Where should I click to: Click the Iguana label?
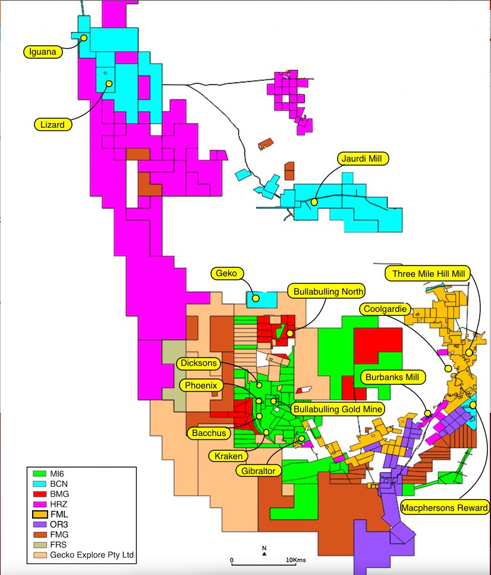coord(43,52)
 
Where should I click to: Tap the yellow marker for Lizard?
coord(109,83)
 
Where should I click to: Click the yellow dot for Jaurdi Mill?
coord(314,202)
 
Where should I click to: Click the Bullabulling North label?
coord(326,291)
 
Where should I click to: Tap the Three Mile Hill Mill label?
coord(428,273)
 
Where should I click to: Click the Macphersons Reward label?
coord(445,507)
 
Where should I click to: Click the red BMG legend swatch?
coord(40,494)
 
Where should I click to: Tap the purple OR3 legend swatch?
coord(40,524)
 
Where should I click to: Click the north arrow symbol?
coord(264,554)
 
